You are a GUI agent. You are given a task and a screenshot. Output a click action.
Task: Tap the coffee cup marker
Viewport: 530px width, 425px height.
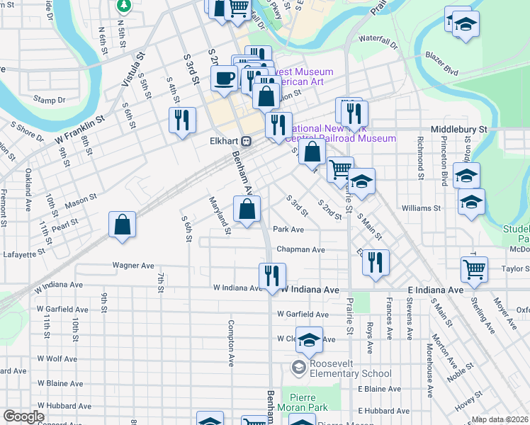click(x=224, y=78)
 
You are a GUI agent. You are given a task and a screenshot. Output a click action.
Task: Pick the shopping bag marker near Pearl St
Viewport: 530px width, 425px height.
click(x=123, y=225)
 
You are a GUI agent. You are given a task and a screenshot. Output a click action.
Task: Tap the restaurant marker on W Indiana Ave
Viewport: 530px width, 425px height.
click(x=271, y=276)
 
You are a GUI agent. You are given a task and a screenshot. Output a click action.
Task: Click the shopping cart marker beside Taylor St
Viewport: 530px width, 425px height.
click(x=474, y=268)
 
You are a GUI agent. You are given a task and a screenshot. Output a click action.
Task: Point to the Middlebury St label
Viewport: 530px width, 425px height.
click(x=459, y=130)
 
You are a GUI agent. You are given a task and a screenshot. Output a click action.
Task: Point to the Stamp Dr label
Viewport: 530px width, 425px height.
click(x=49, y=101)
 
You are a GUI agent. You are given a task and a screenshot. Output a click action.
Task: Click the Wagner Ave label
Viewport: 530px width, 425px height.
click(x=133, y=266)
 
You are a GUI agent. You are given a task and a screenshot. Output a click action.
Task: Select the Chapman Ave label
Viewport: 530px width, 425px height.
click(x=300, y=249)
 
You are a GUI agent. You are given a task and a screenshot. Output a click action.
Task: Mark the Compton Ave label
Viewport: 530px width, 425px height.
click(x=231, y=343)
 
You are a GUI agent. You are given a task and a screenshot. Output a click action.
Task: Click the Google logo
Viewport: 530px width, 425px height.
click(x=23, y=416)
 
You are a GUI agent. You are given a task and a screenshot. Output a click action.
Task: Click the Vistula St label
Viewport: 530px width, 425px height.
click(x=132, y=69)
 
